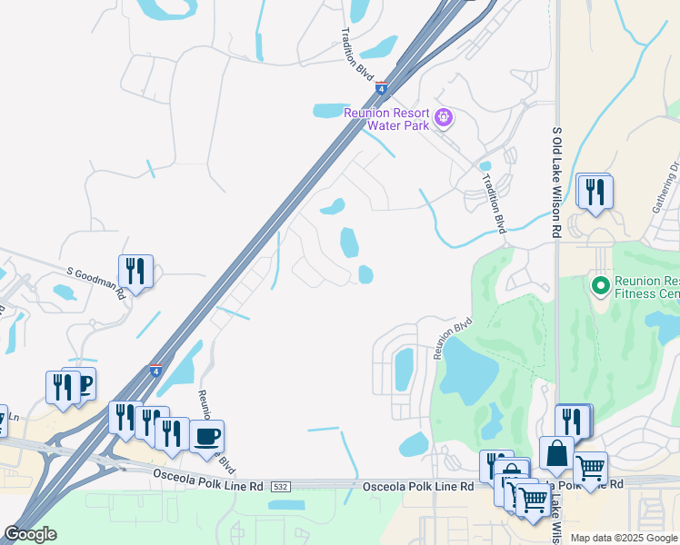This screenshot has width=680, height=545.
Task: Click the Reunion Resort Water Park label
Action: tap(386, 119)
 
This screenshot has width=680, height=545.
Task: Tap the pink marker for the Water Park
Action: tap(444, 117)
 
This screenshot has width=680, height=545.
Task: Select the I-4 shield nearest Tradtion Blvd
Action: tap(382, 88)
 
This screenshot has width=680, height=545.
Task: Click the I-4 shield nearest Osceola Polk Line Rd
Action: tap(156, 372)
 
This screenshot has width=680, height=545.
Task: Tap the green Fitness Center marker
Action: tap(600, 285)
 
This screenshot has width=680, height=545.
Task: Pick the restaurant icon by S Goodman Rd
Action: tap(135, 271)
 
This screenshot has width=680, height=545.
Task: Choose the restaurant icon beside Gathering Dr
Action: tap(595, 191)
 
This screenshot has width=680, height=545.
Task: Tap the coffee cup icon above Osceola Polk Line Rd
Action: tap(206, 436)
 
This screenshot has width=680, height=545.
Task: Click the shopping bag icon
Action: tap(556, 451)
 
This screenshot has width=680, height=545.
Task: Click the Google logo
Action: tap(30, 534)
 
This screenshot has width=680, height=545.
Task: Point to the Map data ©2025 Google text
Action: tap(624, 538)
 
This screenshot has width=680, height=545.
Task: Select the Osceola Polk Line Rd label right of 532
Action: tap(418, 487)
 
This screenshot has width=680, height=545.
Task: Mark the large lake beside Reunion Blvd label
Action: tap(469, 373)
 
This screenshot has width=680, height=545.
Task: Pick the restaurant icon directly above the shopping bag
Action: tap(572, 420)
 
